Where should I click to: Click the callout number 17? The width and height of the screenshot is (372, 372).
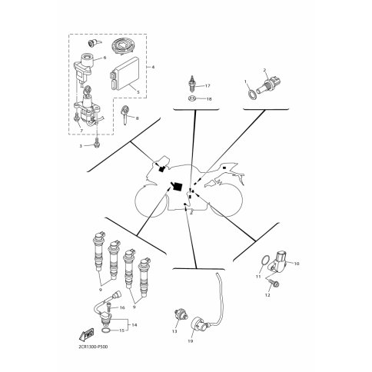tap(208, 86)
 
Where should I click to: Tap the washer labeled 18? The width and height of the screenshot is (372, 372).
tap(191, 98)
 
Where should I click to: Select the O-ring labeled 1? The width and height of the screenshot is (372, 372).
tap(251, 94)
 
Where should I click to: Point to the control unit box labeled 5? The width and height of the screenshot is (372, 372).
tap(125, 74)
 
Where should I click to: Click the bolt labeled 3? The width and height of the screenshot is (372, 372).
tap(97, 143)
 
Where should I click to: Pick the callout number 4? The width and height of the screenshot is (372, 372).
tap(153, 67)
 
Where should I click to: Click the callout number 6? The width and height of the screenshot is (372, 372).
tap(105, 58)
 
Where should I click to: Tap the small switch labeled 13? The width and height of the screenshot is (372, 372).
tap(180, 314)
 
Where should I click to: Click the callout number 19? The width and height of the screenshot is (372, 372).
tap(191, 341)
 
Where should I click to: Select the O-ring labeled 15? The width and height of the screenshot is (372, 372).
tap(106, 330)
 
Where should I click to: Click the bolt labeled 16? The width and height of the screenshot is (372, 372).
tap(108, 307)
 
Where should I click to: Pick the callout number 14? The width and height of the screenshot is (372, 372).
tap(135, 325)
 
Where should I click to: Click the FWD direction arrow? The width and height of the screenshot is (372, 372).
tap(87, 334)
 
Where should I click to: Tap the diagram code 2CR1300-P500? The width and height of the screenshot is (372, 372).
tap(91, 347)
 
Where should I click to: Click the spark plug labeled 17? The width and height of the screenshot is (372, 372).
tap(192, 83)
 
